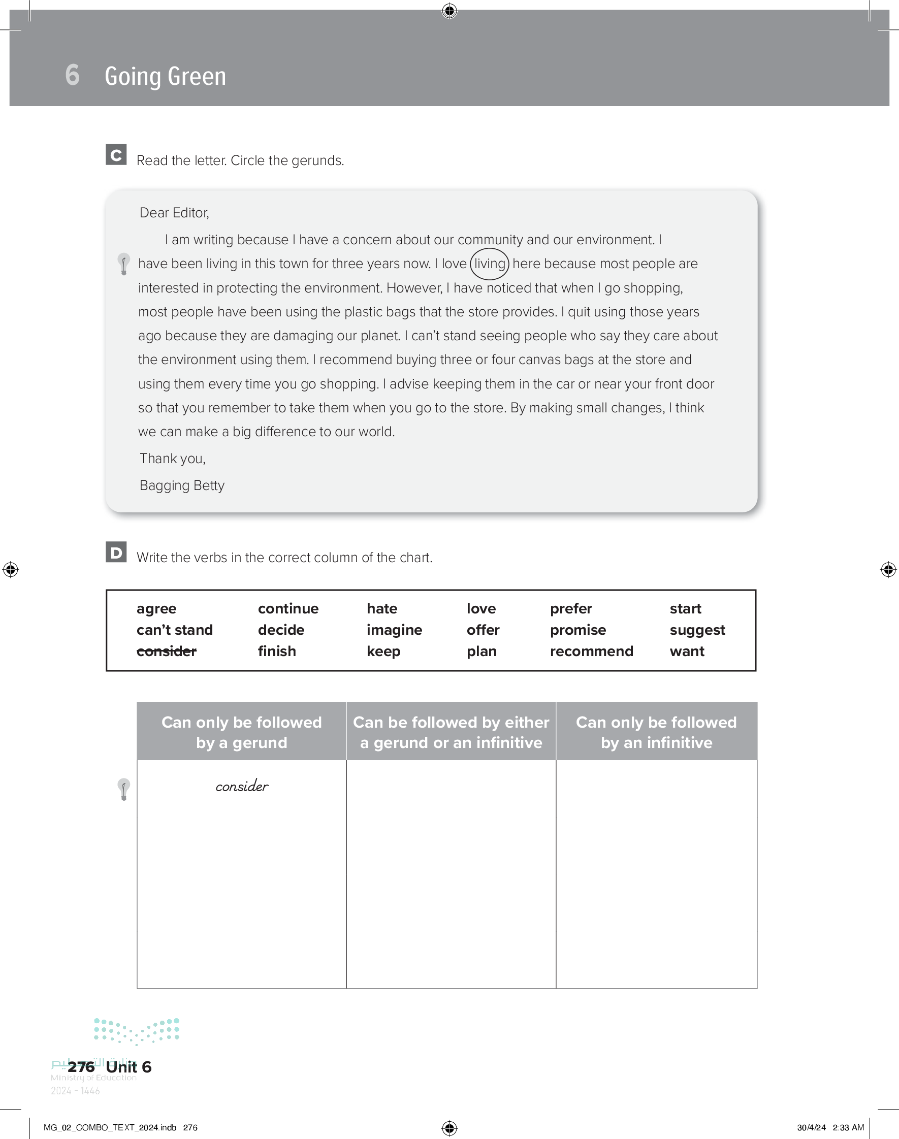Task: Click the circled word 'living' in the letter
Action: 490,264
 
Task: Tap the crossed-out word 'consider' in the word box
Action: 166,652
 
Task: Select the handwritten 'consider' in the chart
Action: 242,787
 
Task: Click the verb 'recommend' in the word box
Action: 591,652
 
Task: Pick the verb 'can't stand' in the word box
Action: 175,630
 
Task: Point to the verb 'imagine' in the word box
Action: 394,630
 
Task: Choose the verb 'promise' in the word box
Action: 578,630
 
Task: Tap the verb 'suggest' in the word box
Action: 697,630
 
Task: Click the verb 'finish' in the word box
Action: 277,652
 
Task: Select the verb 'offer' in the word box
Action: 483,630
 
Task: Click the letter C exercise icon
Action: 116,155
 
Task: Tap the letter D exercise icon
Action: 116,552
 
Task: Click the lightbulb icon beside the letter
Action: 124,264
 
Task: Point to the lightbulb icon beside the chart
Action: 124,789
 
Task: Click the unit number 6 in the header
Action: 73,75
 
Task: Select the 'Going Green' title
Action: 165,76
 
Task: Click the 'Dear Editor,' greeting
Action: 174,213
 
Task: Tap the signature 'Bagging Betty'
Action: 182,485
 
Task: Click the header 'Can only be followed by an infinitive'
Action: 656,732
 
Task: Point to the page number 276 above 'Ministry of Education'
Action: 81,1066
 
